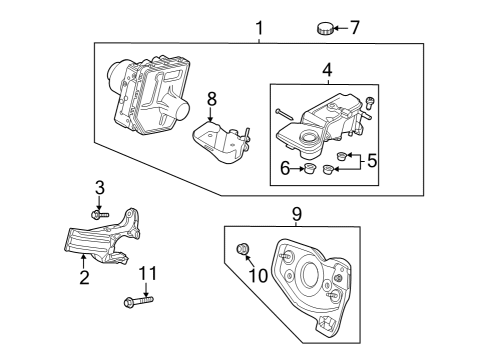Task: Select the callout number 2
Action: click(85, 277)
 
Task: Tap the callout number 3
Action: click(99, 187)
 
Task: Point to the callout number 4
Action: click(326, 70)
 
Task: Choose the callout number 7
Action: click(354, 27)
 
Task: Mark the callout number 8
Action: click(211, 98)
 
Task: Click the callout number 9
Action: click(295, 213)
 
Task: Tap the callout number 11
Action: click(148, 272)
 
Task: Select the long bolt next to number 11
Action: click(138, 300)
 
